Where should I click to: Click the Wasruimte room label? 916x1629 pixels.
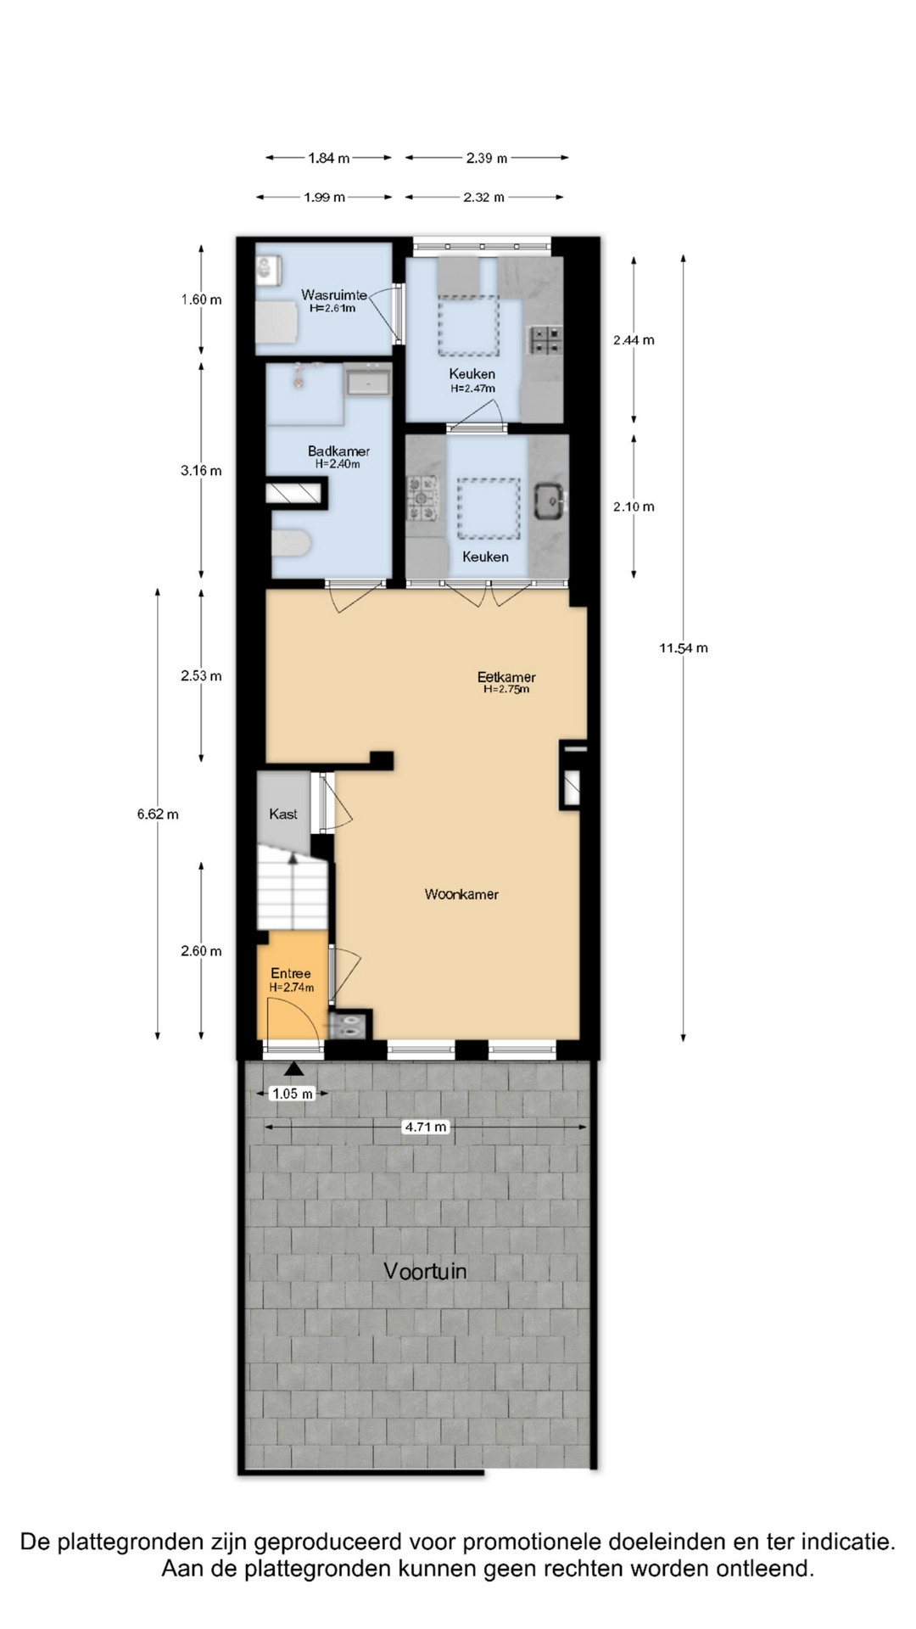(334, 295)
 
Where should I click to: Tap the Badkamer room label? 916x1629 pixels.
(338, 451)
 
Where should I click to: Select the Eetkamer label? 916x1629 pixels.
(506, 677)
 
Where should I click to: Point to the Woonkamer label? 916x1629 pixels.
(461, 894)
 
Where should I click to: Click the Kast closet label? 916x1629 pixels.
(283, 814)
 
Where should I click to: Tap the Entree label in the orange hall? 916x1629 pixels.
(291, 974)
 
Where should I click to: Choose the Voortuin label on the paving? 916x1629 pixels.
(425, 1271)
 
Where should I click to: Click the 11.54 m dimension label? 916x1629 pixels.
(684, 648)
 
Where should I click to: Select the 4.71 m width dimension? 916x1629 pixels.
(426, 1128)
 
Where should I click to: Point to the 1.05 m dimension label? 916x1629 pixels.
(293, 1094)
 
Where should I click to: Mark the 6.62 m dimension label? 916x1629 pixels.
(158, 814)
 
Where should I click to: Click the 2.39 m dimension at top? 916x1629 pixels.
(487, 158)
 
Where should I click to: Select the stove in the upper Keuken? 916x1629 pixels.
(545, 340)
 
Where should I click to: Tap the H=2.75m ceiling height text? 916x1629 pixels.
(506, 690)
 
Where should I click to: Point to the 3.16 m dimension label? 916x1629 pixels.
(201, 471)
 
